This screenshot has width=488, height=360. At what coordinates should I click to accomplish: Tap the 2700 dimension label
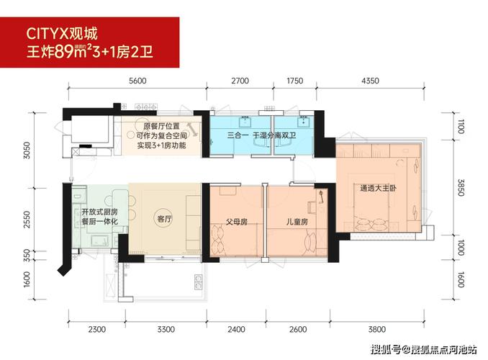click(240, 81)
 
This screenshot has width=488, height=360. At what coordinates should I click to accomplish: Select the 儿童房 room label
click(296, 222)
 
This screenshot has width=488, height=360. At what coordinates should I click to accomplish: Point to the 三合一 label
click(237, 135)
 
